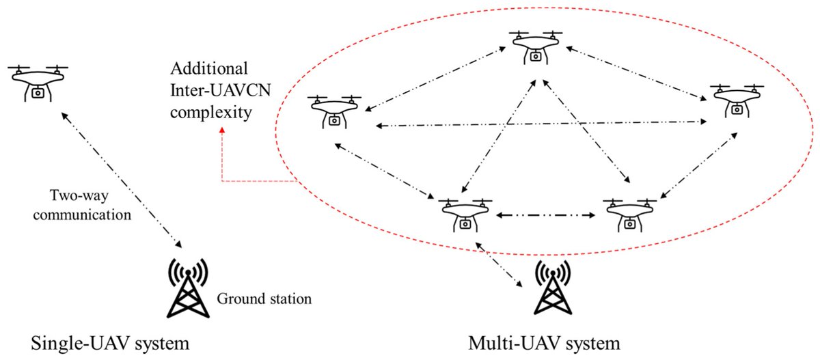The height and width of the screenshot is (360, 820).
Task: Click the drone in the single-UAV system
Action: [39, 81]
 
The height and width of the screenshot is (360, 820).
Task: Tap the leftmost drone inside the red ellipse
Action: [333, 110]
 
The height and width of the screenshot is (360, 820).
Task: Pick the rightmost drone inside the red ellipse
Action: [736, 99]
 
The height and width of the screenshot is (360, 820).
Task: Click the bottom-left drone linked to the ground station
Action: [465, 213]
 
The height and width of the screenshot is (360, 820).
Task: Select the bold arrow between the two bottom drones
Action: [543, 216]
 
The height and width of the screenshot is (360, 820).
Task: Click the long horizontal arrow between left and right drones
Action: [540, 124]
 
